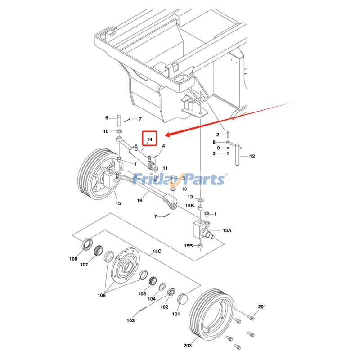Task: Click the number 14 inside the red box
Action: point(150,139)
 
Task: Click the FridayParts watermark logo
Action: point(180,180)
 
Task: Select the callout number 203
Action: point(188,346)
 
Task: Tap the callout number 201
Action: point(262,306)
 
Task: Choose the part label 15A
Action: point(226,230)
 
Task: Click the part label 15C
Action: point(157,251)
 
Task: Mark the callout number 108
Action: point(73,259)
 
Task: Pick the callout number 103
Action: point(130,320)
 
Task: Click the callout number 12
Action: point(252,156)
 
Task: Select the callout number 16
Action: point(140,201)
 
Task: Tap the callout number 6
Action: point(107,118)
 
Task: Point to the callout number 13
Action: point(190,197)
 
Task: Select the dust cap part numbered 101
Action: point(183,299)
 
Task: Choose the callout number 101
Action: point(175,314)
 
